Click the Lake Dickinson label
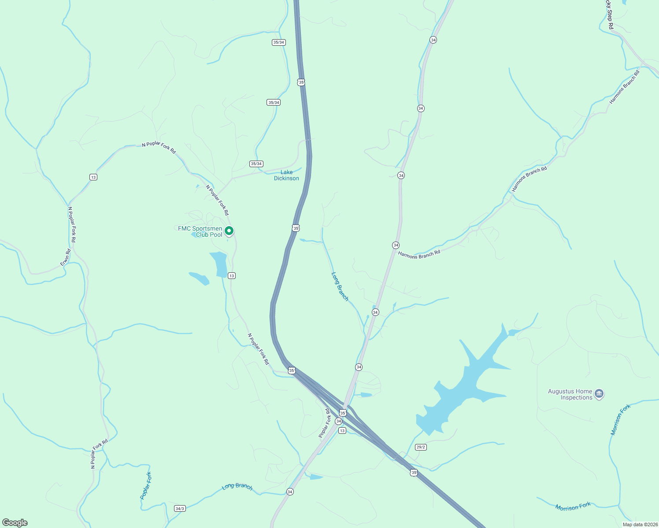pyautogui.click(x=286, y=175)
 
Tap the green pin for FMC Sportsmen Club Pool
pyautogui.click(x=229, y=231)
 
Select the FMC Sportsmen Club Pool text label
pyautogui.click(x=200, y=231)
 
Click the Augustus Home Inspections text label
pyautogui.click(x=570, y=394)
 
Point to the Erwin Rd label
pyautogui.click(x=66, y=257)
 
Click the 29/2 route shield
pyautogui.click(x=421, y=447)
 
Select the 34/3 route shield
pyautogui.click(x=180, y=508)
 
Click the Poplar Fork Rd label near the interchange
pyautogui.click(x=325, y=423)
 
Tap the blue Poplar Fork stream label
pyautogui.click(x=146, y=486)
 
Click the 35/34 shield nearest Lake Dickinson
pyautogui.click(x=256, y=164)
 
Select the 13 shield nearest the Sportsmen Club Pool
pyautogui.click(x=232, y=275)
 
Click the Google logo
pyautogui.click(x=15, y=522)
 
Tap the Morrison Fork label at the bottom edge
pyautogui.click(x=573, y=507)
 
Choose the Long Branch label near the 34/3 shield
pyautogui.click(x=237, y=486)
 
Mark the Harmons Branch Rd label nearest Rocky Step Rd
pyautogui.click(x=624, y=87)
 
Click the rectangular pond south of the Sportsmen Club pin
pyautogui.click(x=219, y=264)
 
